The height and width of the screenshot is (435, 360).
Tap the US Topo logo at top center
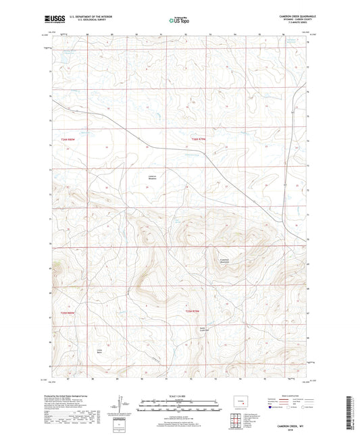(180, 20)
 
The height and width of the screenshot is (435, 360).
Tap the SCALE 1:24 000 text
(180, 395)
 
